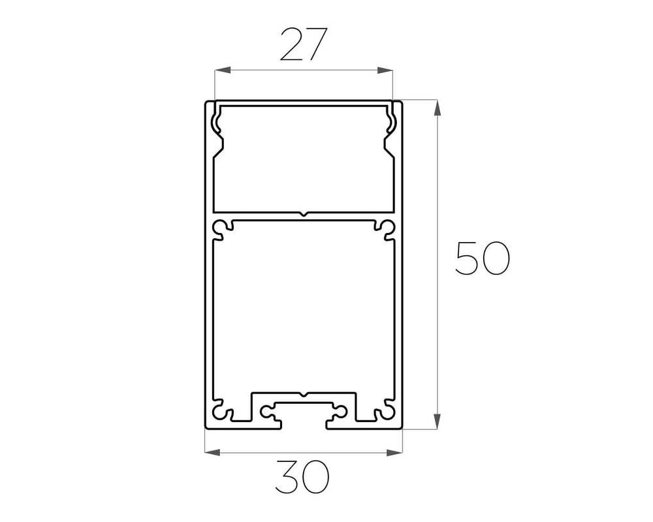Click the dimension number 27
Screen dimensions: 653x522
point(304,44)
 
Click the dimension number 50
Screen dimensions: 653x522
point(483,258)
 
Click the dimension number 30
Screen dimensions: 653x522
point(302,477)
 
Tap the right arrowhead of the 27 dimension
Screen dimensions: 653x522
point(385,70)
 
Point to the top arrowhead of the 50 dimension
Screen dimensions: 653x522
point(437,108)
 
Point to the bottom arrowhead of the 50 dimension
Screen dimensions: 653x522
point(437,422)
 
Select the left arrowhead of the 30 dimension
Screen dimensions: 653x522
point(213,452)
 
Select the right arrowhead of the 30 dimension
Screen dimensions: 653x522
point(395,452)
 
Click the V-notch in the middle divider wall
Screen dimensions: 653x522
point(304,215)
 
